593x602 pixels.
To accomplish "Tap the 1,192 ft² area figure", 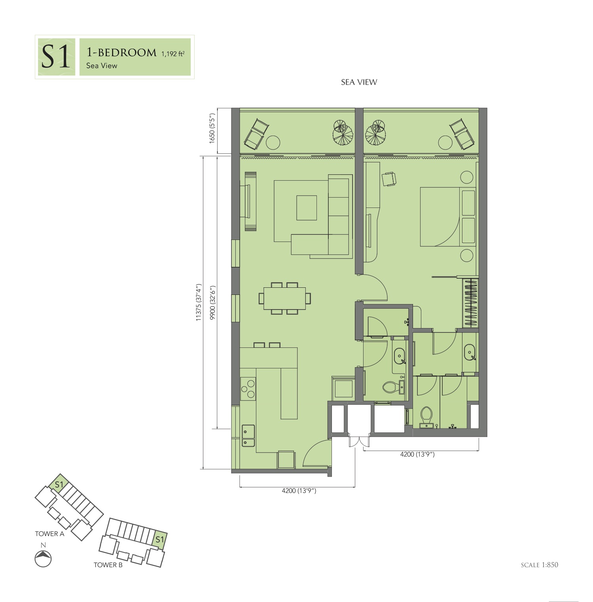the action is [173, 53].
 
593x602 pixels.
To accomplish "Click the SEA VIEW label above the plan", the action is [359, 82].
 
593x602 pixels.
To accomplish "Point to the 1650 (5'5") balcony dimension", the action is [212, 128].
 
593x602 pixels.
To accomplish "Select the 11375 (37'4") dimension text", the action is [199, 302].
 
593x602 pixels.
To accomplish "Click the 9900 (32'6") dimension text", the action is [212, 302].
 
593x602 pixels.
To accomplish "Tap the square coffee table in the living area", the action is [307, 208].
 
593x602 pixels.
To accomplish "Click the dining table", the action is [284, 298].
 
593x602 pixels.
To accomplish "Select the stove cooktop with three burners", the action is [248, 389].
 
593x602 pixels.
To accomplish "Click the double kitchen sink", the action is [248, 436].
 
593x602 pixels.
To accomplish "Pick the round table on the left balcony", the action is [273, 142].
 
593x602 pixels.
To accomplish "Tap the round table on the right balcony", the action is [445, 142].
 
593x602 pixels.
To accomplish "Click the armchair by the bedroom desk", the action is [389, 179].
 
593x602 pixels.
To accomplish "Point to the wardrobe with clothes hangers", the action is [471, 303].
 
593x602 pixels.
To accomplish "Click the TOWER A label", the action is [49, 534].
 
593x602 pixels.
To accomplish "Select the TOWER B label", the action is [108, 565].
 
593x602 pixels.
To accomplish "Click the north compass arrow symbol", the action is [44, 559].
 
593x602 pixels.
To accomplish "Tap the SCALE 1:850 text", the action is [540, 565].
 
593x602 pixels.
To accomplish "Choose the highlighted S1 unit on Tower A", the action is [59, 484].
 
